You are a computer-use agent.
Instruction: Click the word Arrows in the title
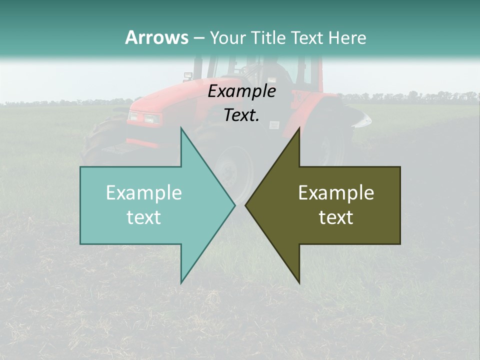click(156, 37)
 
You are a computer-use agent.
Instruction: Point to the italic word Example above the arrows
click(241, 91)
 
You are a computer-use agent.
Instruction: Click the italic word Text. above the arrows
click(241, 115)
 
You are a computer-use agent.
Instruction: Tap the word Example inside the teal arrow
click(144, 193)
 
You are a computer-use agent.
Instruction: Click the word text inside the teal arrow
click(144, 217)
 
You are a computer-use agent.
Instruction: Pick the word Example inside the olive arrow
click(336, 193)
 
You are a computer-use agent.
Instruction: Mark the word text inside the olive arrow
click(336, 217)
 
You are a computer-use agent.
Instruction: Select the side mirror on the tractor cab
click(188, 76)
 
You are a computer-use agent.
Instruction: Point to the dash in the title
click(198, 38)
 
